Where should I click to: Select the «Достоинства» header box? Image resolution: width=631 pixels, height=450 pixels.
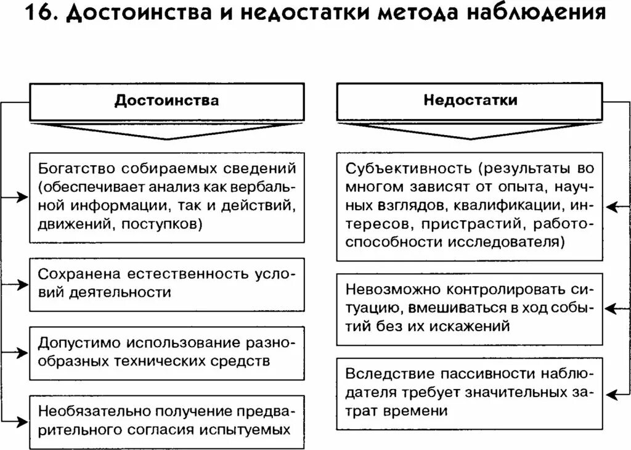pyautogui.click(x=167, y=100)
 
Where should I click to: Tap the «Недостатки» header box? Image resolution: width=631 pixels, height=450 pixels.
pyautogui.click(x=470, y=100)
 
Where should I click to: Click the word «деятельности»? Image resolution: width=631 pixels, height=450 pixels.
pyautogui.click(x=113, y=292)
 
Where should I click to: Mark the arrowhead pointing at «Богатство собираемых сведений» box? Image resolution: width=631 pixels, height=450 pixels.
pyautogui.click(x=23, y=197)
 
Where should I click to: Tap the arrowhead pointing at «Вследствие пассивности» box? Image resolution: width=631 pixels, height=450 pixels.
pyautogui.click(x=609, y=393)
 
